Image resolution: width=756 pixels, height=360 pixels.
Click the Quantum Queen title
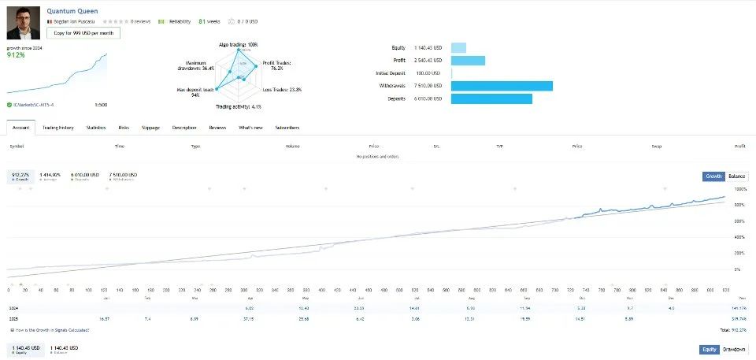72,11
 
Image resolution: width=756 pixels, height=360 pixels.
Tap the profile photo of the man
23,23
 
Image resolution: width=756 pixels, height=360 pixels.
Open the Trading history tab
58,127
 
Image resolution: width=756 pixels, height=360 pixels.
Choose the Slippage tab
150,127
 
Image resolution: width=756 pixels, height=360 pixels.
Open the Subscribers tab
287,127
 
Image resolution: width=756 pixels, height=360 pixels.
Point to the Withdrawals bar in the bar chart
502,86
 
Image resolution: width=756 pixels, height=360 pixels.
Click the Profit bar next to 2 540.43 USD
468,61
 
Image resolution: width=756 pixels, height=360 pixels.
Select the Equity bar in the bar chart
458,48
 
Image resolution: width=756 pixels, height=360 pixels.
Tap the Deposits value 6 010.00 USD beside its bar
428,98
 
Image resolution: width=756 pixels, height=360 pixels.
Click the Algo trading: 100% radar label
239,44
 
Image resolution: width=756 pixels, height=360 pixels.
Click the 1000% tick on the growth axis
740,189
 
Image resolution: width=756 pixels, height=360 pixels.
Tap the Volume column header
292,147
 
